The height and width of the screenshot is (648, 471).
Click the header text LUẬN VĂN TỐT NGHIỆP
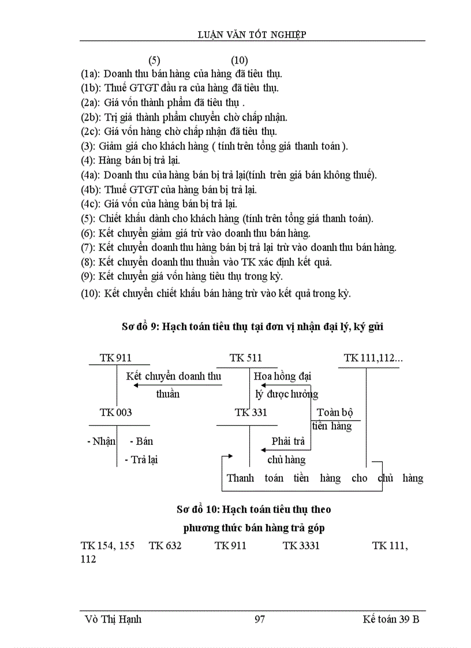(252, 35)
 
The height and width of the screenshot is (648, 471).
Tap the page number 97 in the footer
(259, 619)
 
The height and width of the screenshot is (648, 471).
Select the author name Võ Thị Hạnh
(113, 619)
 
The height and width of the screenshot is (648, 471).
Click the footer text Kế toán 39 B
(391, 619)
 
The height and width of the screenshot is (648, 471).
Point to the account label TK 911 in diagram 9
(115, 358)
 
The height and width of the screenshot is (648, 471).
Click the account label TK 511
(245, 358)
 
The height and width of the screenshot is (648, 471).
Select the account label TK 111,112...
(373, 358)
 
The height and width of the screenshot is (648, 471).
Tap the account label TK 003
(115, 413)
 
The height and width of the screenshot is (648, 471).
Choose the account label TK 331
(251, 413)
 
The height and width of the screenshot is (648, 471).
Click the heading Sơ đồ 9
(140, 327)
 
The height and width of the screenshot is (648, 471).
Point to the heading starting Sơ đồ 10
(254, 510)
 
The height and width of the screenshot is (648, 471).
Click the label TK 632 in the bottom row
(165, 545)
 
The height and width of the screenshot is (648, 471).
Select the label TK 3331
(301, 545)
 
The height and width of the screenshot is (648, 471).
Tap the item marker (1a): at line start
(91, 74)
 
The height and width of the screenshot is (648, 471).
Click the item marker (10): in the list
(92, 293)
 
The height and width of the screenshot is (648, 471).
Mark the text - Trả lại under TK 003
(141, 460)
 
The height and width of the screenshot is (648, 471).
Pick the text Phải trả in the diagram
(288, 441)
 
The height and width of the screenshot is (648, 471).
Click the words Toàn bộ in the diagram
(335, 413)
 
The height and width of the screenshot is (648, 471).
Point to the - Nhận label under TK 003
(101, 441)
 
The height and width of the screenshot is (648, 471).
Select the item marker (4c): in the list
(91, 204)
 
